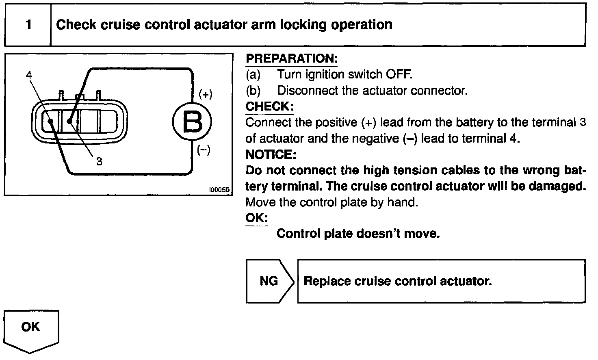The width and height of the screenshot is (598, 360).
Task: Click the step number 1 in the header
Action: tap(28, 25)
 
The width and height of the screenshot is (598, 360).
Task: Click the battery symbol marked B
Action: tap(192, 121)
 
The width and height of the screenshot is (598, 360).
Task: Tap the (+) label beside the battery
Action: tap(206, 95)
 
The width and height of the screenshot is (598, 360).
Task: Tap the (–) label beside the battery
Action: tap(204, 150)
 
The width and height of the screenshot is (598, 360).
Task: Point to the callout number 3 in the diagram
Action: tap(99, 161)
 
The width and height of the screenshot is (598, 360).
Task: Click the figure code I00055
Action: tap(219, 190)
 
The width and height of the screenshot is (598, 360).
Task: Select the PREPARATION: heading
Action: tap(292, 59)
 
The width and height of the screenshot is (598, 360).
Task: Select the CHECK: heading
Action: tap(270, 106)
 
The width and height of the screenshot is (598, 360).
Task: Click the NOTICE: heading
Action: tap(271, 154)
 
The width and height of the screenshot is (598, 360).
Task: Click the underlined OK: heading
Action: tap(257, 218)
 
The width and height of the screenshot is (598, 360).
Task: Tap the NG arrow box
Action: tap(269, 281)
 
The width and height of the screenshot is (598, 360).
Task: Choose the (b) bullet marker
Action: tap(253, 90)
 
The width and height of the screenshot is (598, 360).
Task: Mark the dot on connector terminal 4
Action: tap(51, 121)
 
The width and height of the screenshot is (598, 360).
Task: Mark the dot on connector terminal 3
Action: tap(70, 121)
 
